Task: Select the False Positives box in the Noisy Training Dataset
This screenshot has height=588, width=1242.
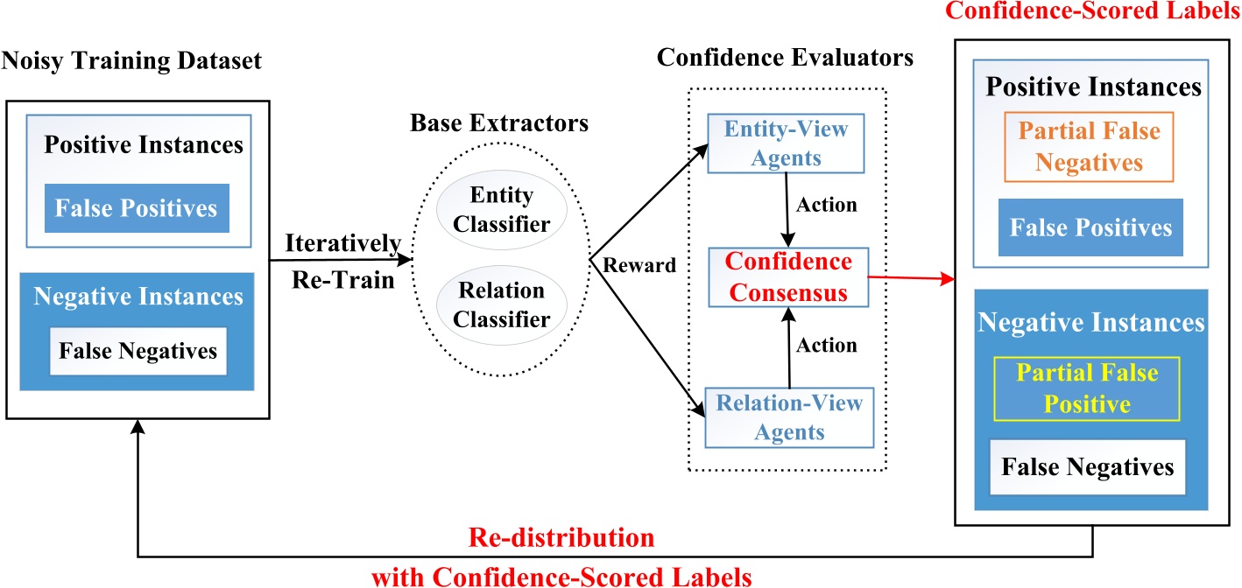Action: [x=136, y=208]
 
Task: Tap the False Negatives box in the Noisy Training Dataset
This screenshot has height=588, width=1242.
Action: [x=138, y=351]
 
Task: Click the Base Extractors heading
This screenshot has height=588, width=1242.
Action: [x=499, y=122]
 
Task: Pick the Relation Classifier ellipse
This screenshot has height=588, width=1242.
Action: [x=502, y=304]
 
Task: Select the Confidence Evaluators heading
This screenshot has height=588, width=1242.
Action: [x=785, y=59]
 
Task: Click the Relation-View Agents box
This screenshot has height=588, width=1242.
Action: [x=788, y=416]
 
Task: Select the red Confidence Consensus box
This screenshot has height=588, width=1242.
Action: [x=787, y=277]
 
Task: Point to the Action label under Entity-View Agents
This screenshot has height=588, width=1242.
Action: [x=827, y=206]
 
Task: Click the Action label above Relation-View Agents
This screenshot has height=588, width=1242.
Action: [x=827, y=346]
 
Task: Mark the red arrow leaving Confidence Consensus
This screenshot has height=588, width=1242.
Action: [x=911, y=279]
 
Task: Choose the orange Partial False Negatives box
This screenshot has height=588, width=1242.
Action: [x=1089, y=146]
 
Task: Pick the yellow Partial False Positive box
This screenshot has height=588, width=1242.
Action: [x=1086, y=388]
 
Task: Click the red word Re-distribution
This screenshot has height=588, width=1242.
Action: [x=561, y=537]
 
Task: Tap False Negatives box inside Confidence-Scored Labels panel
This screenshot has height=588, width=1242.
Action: [x=1089, y=466]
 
